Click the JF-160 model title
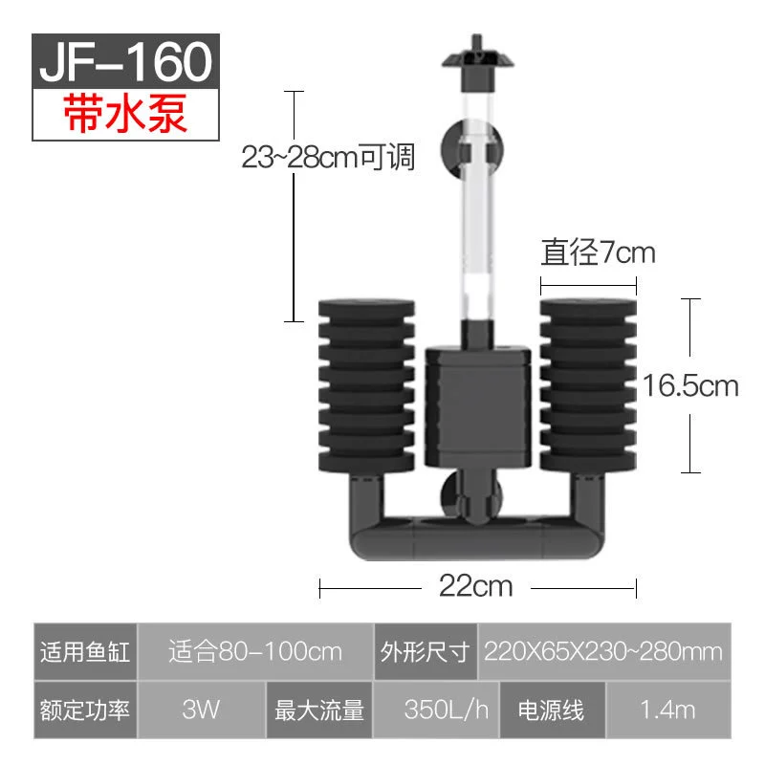tap(126, 61)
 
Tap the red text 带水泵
tap(125, 114)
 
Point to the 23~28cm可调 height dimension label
tap(328, 157)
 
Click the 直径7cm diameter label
tap(599, 252)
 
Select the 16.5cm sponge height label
tap(689, 385)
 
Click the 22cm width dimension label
tap(475, 585)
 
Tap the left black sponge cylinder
tap(366, 385)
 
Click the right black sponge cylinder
tap(588, 385)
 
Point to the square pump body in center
tap(477, 406)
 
